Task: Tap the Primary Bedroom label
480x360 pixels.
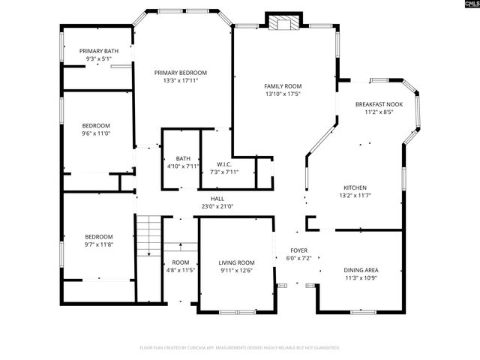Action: click(181, 73)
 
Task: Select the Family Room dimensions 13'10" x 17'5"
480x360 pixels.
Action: click(283, 94)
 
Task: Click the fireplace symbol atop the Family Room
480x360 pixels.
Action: click(284, 23)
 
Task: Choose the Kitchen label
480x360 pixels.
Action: click(355, 187)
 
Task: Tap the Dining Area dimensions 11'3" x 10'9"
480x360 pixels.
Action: click(361, 278)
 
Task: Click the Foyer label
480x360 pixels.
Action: click(298, 250)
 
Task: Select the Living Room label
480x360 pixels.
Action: click(236, 262)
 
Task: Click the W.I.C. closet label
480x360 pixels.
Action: click(223, 164)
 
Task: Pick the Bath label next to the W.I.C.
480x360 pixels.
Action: click(183, 158)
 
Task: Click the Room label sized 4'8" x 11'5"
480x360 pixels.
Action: click(180, 262)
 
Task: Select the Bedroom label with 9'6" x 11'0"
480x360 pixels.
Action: click(96, 125)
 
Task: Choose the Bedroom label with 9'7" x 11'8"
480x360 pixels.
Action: click(98, 236)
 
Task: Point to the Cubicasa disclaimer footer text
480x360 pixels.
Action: click(240, 348)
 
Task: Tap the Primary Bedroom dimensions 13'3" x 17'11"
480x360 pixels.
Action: click(181, 81)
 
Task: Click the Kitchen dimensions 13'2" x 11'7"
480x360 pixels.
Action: click(355, 196)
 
